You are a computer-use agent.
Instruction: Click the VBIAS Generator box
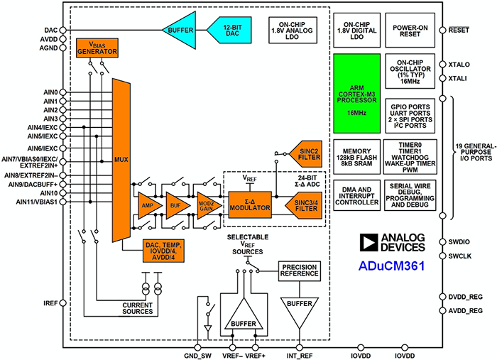[x=96, y=48]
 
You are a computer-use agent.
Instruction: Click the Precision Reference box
[x=299, y=271]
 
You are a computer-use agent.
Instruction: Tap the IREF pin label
[x=50, y=303]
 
